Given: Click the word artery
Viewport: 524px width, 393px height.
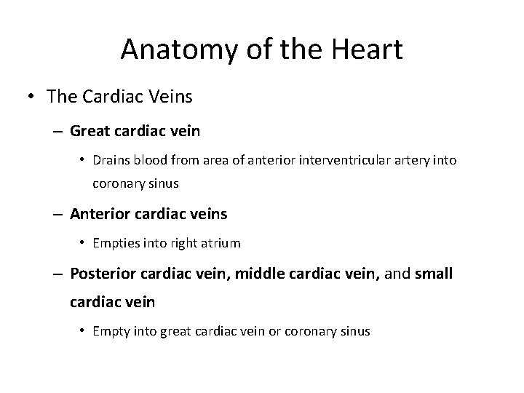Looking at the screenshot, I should (418, 160).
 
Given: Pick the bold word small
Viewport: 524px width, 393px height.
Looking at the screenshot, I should (433, 274).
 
